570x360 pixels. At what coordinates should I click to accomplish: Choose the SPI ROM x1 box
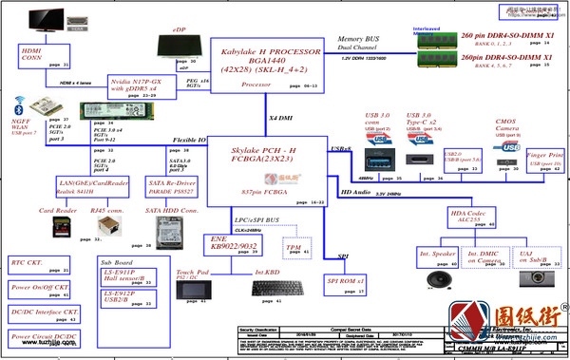346,283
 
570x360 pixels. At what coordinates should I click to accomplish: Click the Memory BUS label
359,40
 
